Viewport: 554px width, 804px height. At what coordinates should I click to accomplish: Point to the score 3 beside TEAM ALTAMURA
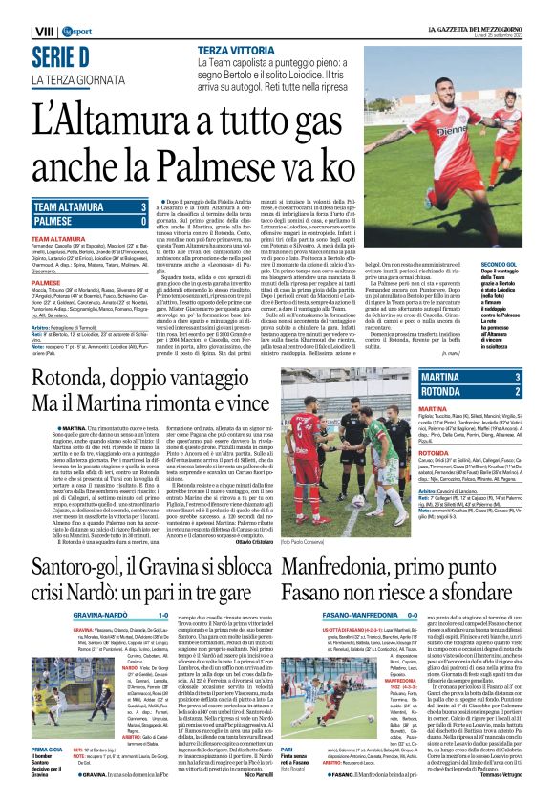(x=142, y=206)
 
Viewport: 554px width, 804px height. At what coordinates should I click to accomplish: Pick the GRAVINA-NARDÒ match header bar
(x=138, y=615)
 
